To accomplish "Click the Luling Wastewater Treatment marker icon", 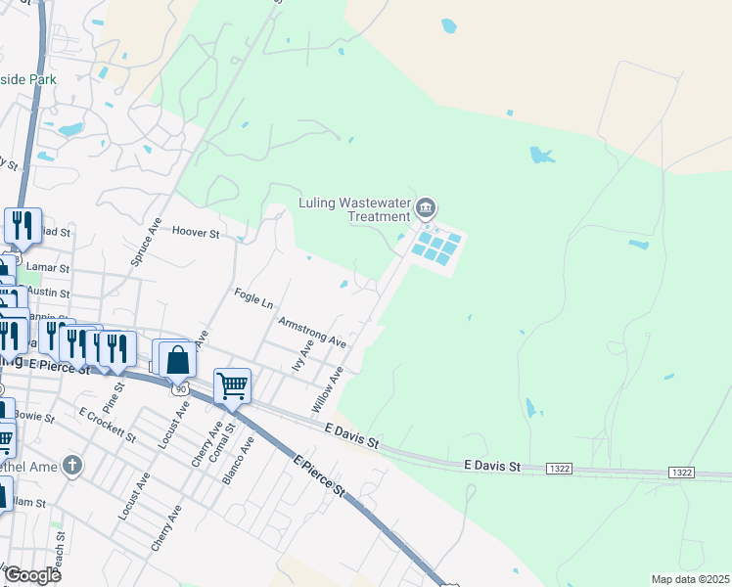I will point(426,207).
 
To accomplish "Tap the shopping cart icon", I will point(232,384).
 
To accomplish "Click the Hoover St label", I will point(199,233).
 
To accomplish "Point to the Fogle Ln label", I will point(253,297).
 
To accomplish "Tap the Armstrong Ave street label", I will point(312,332).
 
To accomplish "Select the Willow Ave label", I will point(328,388).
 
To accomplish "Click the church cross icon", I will point(70,465).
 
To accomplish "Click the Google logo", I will point(33,575).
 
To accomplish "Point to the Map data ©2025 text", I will point(690,579).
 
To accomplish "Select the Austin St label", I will point(48,293).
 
